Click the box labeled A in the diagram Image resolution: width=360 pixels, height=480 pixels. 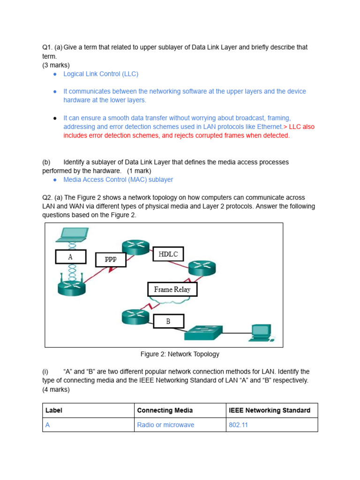(70, 257)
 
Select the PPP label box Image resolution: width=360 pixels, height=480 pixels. (111, 260)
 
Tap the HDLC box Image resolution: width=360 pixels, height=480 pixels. (168, 254)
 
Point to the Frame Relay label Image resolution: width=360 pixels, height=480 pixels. (172, 289)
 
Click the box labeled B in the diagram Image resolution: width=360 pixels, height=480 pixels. (168, 322)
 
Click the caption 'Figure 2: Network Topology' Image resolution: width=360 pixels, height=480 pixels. (180, 354)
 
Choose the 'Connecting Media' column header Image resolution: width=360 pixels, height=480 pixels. (165, 410)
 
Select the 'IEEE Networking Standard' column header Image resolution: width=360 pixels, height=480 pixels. (270, 410)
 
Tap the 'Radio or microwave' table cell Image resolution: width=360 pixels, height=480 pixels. (165, 425)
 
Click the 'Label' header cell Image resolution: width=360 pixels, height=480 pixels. (54, 410)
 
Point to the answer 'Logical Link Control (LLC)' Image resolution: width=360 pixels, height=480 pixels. (101, 74)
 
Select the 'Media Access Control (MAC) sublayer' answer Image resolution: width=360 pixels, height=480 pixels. (118, 180)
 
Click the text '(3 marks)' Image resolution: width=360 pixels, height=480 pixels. (56, 65)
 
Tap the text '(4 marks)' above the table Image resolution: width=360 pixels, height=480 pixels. (56, 390)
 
